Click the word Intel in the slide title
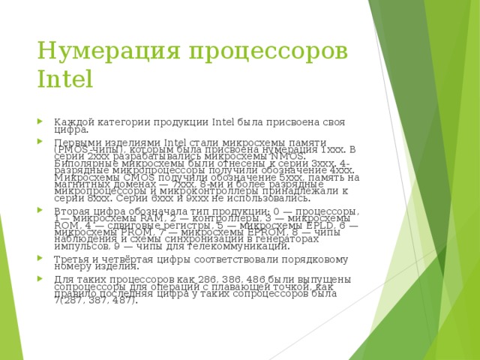point(64,79)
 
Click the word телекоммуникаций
point(243,246)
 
